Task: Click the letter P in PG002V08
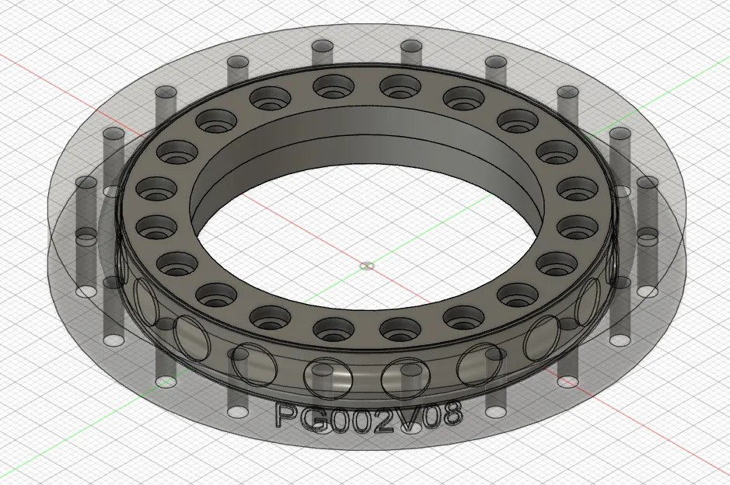[285, 415]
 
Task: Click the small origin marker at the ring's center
[367, 267]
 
